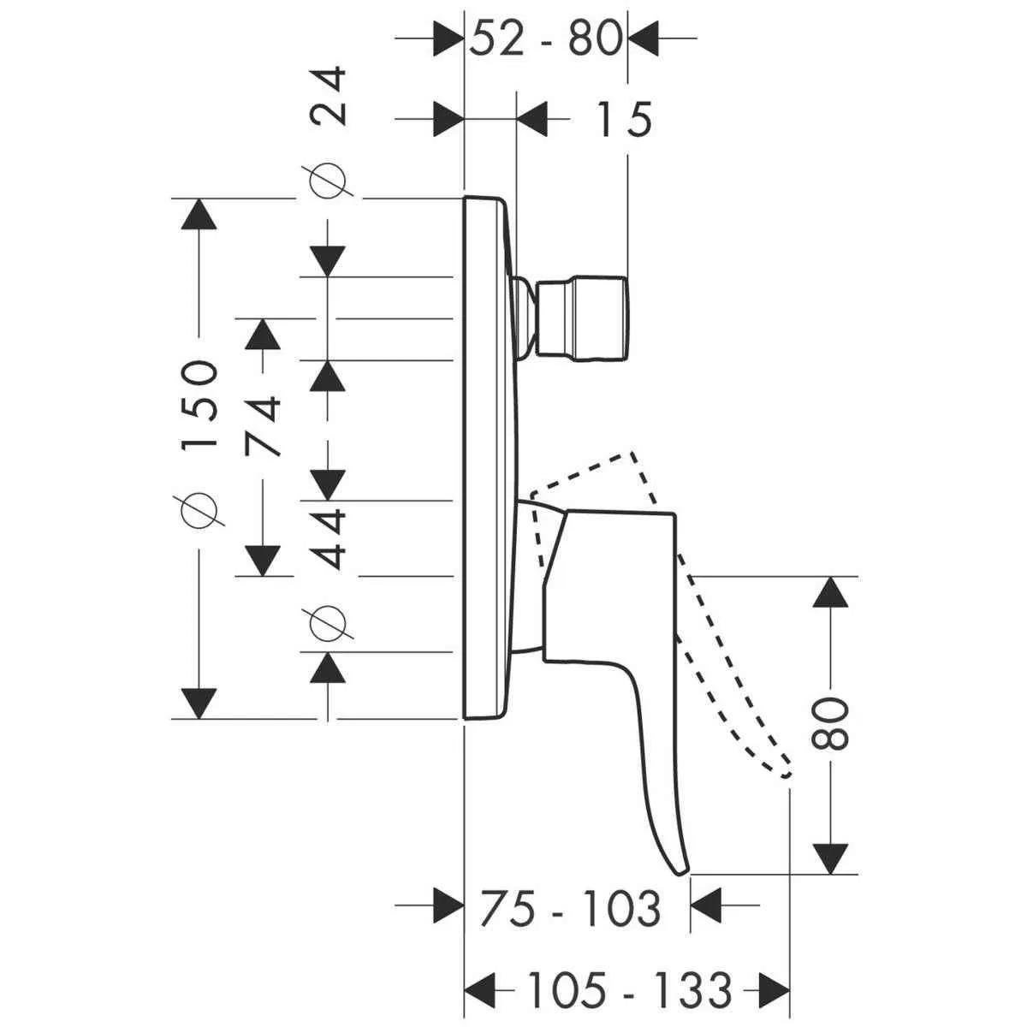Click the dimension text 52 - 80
pyautogui.click(x=545, y=39)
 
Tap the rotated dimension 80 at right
pyautogui.click(x=829, y=724)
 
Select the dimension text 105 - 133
pyautogui.click(x=628, y=990)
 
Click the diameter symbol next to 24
pyautogui.click(x=329, y=181)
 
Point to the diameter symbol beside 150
pyautogui.click(x=199, y=511)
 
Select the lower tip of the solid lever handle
pyautogui.click(x=681, y=870)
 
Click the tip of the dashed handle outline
pyautogui.click(x=786, y=773)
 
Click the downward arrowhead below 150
pyautogui.click(x=199, y=702)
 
